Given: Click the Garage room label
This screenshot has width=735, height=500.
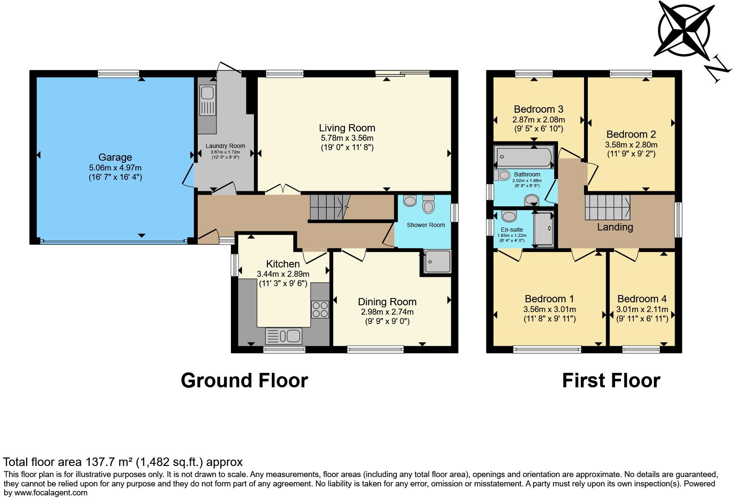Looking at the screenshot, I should [115, 157].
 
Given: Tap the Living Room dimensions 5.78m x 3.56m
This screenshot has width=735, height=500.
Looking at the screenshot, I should [347, 138].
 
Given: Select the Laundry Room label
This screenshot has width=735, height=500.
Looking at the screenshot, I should [225, 146].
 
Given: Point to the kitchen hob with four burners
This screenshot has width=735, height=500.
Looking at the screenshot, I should [320, 309].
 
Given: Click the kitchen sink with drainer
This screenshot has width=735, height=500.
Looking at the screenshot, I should [284, 336].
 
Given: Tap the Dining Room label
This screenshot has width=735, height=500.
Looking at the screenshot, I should [387, 302].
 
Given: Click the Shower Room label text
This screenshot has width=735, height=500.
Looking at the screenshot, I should [426, 225].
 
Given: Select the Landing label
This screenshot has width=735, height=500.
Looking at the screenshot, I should [615, 227].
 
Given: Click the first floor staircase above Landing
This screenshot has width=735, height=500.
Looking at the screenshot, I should [607, 207].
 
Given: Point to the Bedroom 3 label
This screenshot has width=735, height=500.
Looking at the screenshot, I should [538, 109].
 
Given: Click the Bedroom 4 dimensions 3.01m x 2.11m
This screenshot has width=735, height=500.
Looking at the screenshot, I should [642, 310].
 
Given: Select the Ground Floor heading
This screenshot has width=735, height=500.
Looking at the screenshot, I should [244, 380].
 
